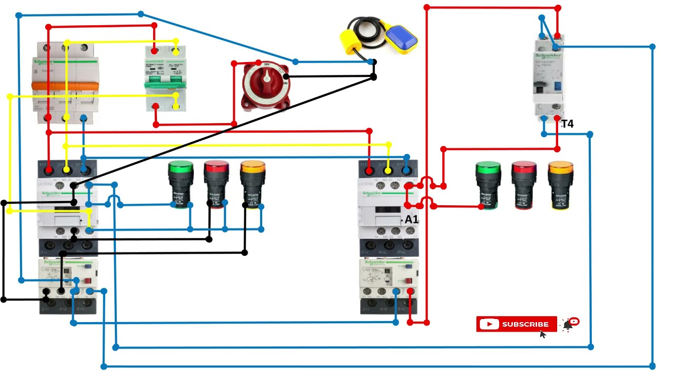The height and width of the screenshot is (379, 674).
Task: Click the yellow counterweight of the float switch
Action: [x=350, y=41]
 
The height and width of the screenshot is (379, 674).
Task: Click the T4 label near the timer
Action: [x=567, y=124]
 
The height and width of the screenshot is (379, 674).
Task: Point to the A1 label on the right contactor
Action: [x=411, y=220]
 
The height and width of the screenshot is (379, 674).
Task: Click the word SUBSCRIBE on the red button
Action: [x=525, y=324]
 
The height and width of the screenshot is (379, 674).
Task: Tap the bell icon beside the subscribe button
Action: [x=568, y=325]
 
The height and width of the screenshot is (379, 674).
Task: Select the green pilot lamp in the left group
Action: [x=181, y=184]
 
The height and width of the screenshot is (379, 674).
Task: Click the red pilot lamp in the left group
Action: [x=216, y=184]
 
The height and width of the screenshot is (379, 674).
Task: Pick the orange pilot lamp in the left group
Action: [x=252, y=184]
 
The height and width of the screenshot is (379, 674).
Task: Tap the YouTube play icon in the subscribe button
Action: [x=489, y=324]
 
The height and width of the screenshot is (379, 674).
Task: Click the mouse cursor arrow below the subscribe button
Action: [x=543, y=334]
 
